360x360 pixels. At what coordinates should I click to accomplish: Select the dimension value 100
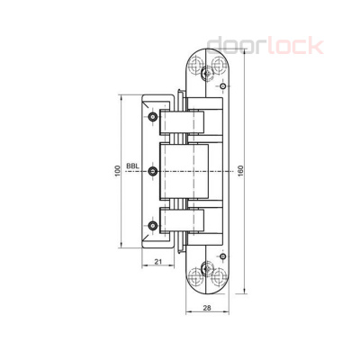(x=117, y=171)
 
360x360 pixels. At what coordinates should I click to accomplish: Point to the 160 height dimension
(x=240, y=171)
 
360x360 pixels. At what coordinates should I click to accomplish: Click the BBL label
(x=133, y=166)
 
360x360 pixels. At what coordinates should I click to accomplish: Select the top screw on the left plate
(x=154, y=119)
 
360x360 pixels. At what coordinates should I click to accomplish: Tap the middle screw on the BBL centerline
(x=154, y=171)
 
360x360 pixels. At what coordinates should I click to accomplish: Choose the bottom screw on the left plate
(x=154, y=222)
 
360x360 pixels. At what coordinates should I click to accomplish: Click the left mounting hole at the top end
(x=197, y=65)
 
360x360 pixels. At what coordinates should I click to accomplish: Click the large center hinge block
(x=184, y=171)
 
